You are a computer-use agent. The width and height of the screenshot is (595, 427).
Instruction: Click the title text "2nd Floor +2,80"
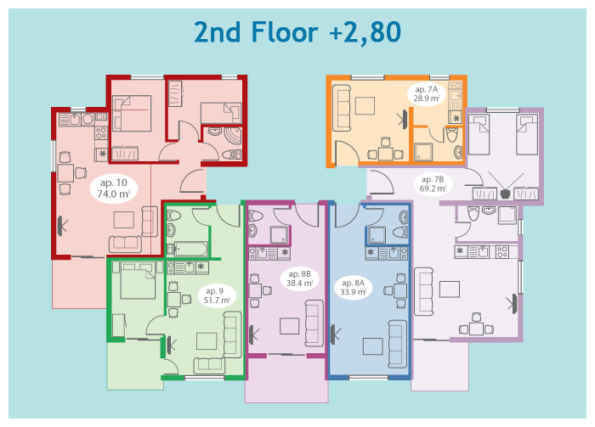tap(297, 32)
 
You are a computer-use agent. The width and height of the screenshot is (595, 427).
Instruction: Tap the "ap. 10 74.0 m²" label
tap(114, 188)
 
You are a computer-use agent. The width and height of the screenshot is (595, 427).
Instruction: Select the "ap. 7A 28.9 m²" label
tap(427, 94)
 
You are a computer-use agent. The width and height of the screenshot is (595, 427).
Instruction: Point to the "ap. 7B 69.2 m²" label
tap(433, 183)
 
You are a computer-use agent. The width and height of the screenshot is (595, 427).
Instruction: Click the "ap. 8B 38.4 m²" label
tap(299, 278)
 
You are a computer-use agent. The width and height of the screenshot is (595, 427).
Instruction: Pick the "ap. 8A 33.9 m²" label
tap(353, 288)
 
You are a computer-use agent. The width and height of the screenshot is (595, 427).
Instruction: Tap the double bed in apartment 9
tap(138, 280)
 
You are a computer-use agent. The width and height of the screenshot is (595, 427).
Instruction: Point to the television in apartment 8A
tap(335, 334)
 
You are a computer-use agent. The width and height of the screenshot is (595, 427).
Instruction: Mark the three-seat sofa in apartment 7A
tap(342, 109)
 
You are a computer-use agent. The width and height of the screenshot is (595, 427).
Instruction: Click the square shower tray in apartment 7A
tap(422, 152)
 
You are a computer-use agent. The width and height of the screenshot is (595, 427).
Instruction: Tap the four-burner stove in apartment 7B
tap(502, 252)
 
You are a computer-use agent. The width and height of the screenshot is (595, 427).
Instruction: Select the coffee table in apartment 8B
tap(290, 326)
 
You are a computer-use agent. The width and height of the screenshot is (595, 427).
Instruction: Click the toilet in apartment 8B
tap(255, 216)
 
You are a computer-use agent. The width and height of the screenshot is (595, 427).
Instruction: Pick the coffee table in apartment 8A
tap(372, 346)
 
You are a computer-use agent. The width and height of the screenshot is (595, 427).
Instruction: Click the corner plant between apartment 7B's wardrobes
tap(505, 194)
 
